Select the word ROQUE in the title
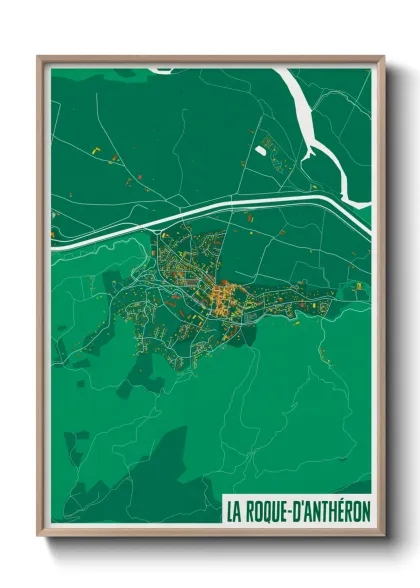point(265,511)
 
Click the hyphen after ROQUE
point(290,512)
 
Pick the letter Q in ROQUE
point(267,511)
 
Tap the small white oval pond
point(261,151)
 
